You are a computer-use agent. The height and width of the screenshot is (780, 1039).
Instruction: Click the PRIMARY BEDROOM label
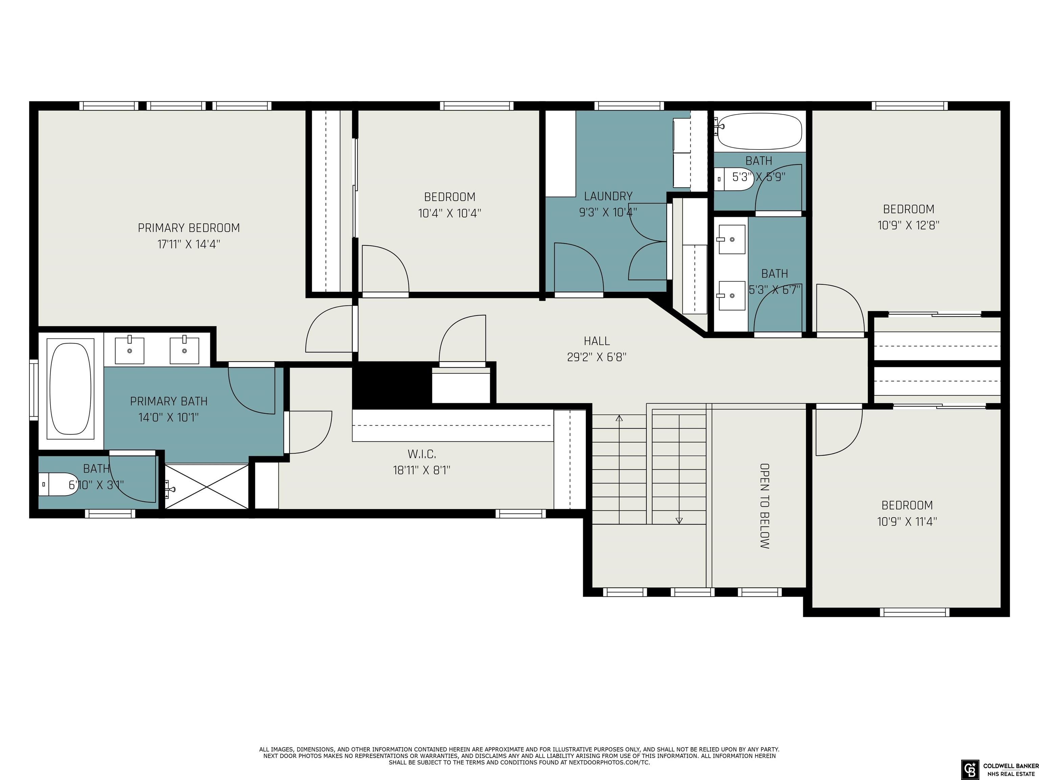pos(188,228)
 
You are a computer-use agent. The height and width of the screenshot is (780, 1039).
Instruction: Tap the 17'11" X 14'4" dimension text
pos(188,244)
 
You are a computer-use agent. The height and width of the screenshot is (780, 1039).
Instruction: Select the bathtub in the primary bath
pos(70,389)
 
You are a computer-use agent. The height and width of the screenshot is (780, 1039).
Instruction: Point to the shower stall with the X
pos(207,486)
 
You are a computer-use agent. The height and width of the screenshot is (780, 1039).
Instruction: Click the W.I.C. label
pos(421,454)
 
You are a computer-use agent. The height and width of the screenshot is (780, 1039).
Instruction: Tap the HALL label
pos(597,341)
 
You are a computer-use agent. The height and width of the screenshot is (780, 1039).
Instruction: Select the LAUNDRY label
pos(608,196)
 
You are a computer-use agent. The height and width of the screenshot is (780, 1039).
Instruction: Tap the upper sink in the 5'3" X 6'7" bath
pos(732,239)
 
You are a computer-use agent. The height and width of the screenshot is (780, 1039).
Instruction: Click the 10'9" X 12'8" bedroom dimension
pos(908,225)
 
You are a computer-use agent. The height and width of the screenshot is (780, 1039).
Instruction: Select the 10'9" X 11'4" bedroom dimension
pos(906,521)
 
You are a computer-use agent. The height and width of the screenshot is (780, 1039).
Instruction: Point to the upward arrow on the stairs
pos(619,418)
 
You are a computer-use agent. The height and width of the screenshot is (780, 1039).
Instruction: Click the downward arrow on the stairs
pos(679,520)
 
